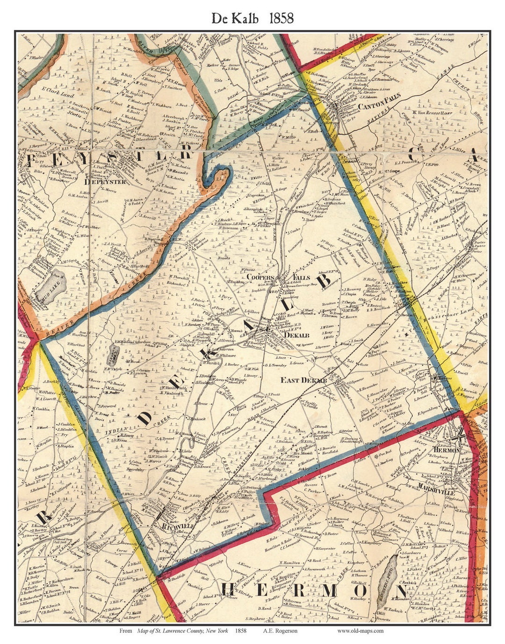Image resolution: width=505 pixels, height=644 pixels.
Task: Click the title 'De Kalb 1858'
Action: tap(252, 18)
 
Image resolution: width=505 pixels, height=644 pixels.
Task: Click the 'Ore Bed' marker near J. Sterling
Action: tap(385, 454)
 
